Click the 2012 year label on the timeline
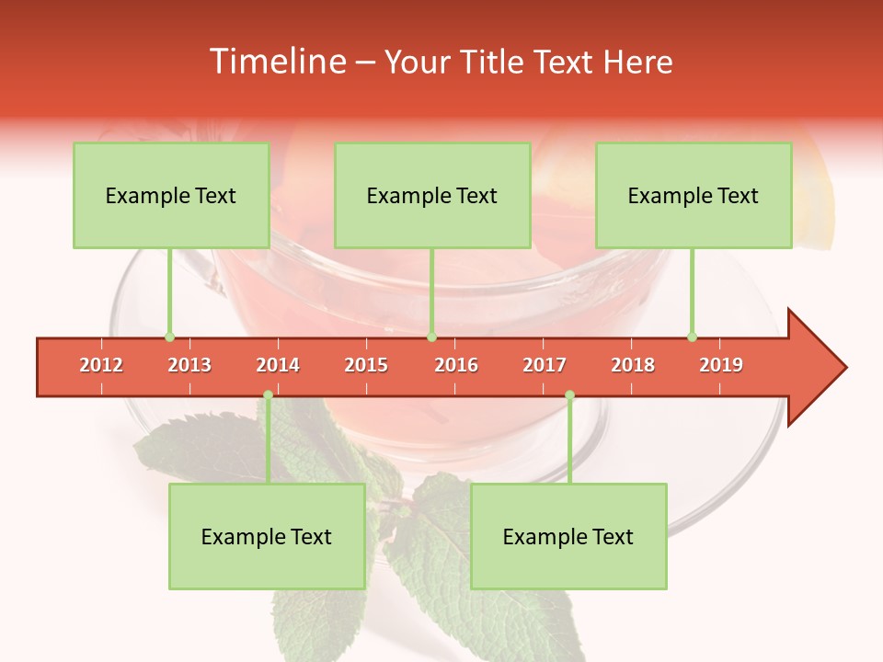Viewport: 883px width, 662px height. [x=101, y=365]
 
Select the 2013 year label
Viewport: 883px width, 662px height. [x=189, y=365]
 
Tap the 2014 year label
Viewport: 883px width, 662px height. [x=278, y=365]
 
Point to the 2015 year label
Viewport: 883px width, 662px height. [x=366, y=365]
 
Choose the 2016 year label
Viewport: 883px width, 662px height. [x=456, y=365]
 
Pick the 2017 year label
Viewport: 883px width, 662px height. [x=545, y=365]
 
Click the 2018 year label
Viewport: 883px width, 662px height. [x=633, y=365]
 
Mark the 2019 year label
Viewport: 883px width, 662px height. [x=721, y=365]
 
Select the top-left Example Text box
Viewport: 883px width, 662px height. [x=171, y=196]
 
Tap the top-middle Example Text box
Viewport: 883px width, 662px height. [x=432, y=196]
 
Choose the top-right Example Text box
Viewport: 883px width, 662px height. [x=694, y=196]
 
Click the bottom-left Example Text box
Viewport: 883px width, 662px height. [x=267, y=537]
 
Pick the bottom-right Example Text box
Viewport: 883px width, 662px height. [x=568, y=537]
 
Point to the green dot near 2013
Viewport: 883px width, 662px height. [x=169, y=337]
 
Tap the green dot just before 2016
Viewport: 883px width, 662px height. [x=431, y=337]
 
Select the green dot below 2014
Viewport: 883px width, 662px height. [x=268, y=395]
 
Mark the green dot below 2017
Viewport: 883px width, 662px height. [x=569, y=395]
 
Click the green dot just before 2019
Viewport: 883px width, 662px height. [x=692, y=337]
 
